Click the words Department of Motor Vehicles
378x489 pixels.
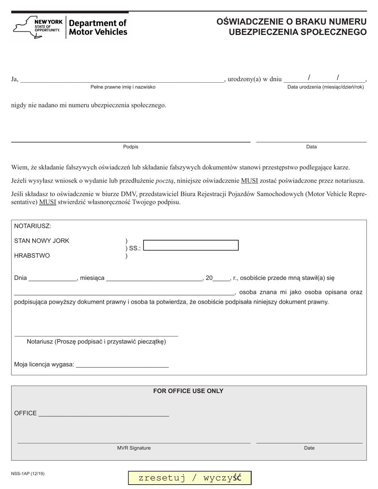point(98,27)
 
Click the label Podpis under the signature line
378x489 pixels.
point(131,147)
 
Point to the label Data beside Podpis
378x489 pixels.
point(311,147)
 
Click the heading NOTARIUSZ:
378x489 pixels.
point(33,226)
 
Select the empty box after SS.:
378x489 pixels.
point(191,245)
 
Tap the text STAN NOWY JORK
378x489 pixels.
point(42,241)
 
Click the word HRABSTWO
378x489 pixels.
point(32,256)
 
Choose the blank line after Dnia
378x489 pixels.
point(53,277)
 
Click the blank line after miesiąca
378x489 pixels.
point(155,277)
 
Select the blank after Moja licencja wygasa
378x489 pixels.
point(122,364)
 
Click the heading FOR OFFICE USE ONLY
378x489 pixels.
point(188,391)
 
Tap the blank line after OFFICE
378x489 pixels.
point(103,413)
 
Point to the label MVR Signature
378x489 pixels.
point(134,448)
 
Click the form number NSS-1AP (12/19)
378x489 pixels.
point(28,473)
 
